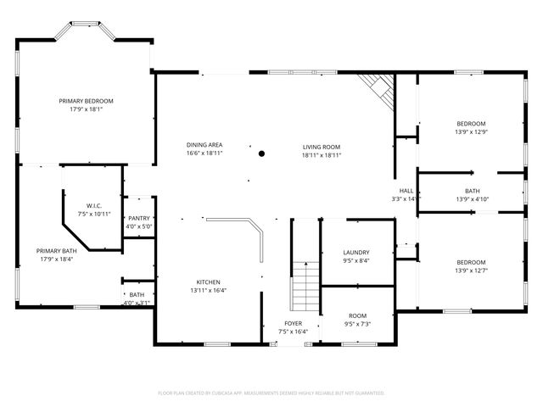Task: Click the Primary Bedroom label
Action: tap(86, 101)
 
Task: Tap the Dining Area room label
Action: tap(204, 146)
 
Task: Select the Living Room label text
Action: tap(322, 147)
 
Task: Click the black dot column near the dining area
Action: tap(261, 153)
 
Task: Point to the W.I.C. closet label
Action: tap(94, 206)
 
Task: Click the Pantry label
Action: tap(139, 219)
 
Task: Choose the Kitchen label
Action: tap(209, 282)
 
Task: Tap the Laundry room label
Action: tap(355, 253)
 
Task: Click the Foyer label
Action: tap(293, 323)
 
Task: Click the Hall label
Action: tap(406, 191)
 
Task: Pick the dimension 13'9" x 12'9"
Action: tap(472, 131)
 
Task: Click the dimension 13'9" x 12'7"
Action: tap(472, 270)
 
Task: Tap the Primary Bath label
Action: tap(57, 251)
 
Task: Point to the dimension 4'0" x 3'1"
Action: tap(137, 303)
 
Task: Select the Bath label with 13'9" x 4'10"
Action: tap(472, 191)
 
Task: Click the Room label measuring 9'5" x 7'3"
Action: tap(356, 315)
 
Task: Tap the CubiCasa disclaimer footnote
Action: tap(271, 393)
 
